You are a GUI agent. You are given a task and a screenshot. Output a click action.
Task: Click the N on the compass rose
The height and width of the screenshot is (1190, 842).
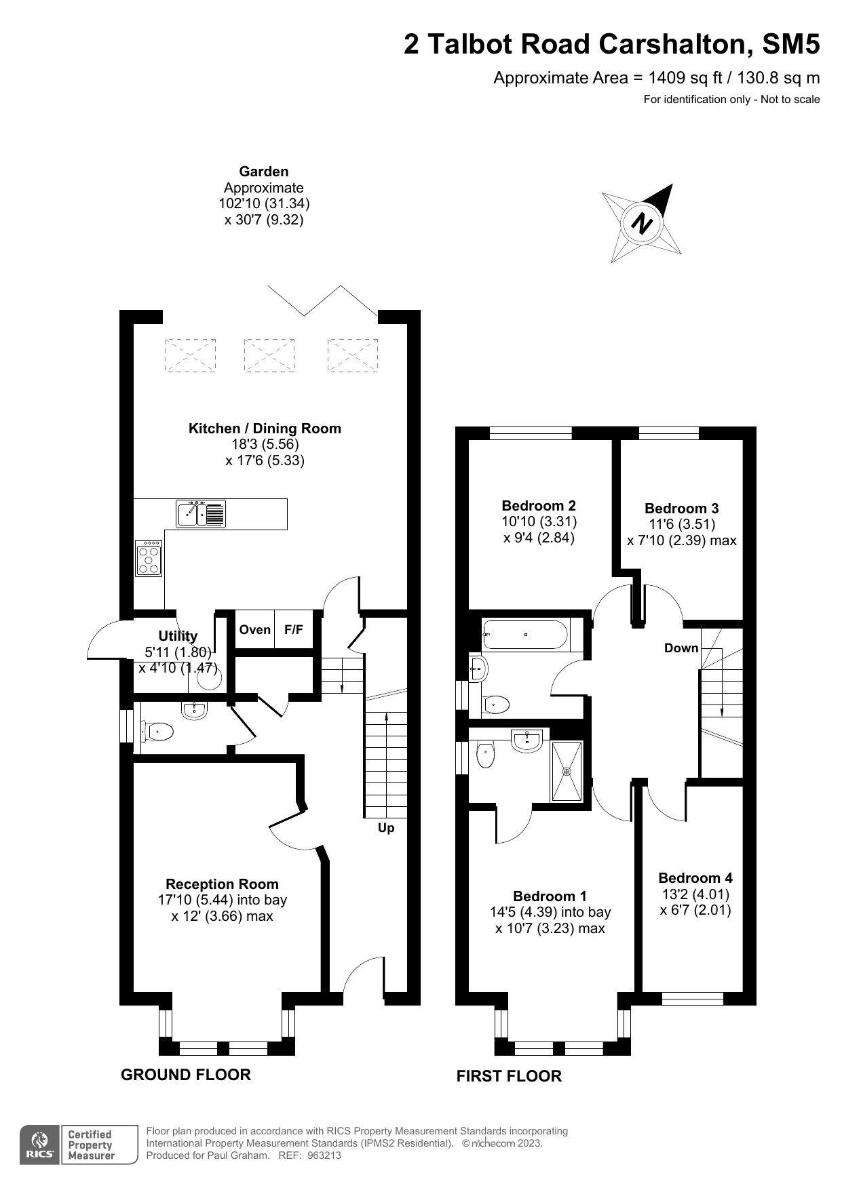click(642, 223)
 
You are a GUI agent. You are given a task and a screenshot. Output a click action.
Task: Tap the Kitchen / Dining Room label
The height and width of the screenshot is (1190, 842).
click(265, 429)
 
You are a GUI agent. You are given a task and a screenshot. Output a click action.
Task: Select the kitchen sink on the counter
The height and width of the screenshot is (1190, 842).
click(200, 514)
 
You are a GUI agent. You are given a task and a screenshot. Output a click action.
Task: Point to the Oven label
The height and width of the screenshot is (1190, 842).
click(255, 630)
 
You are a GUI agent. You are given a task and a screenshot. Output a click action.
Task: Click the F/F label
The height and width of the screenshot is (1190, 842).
click(294, 630)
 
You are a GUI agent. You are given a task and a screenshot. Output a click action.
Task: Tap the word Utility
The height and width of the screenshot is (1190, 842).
click(178, 636)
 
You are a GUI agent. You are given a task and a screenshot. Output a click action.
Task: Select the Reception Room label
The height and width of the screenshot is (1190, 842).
click(222, 884)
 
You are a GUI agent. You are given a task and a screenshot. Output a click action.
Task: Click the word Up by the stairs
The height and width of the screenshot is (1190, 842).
click(386, 828)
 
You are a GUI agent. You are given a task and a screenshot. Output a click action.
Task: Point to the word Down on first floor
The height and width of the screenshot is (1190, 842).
click(681, 648)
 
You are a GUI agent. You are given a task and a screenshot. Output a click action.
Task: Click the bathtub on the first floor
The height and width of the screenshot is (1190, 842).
click(525, 635)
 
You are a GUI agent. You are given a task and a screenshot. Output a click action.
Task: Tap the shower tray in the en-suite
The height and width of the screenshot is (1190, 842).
click(567, 772)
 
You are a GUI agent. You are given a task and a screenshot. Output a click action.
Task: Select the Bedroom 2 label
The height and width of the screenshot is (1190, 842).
click(539, 506)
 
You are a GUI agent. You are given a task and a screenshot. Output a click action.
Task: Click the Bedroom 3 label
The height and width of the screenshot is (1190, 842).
click(681, 509)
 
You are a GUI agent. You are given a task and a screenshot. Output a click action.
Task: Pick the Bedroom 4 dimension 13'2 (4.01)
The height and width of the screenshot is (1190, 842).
click(695, 894)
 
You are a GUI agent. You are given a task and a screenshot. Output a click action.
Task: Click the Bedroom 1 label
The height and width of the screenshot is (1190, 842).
click(550, 896)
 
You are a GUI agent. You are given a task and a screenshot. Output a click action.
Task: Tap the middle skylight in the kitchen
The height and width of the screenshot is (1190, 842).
click(269, 355)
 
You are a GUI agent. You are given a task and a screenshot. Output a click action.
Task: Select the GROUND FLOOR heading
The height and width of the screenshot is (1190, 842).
click(186, 1075)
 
